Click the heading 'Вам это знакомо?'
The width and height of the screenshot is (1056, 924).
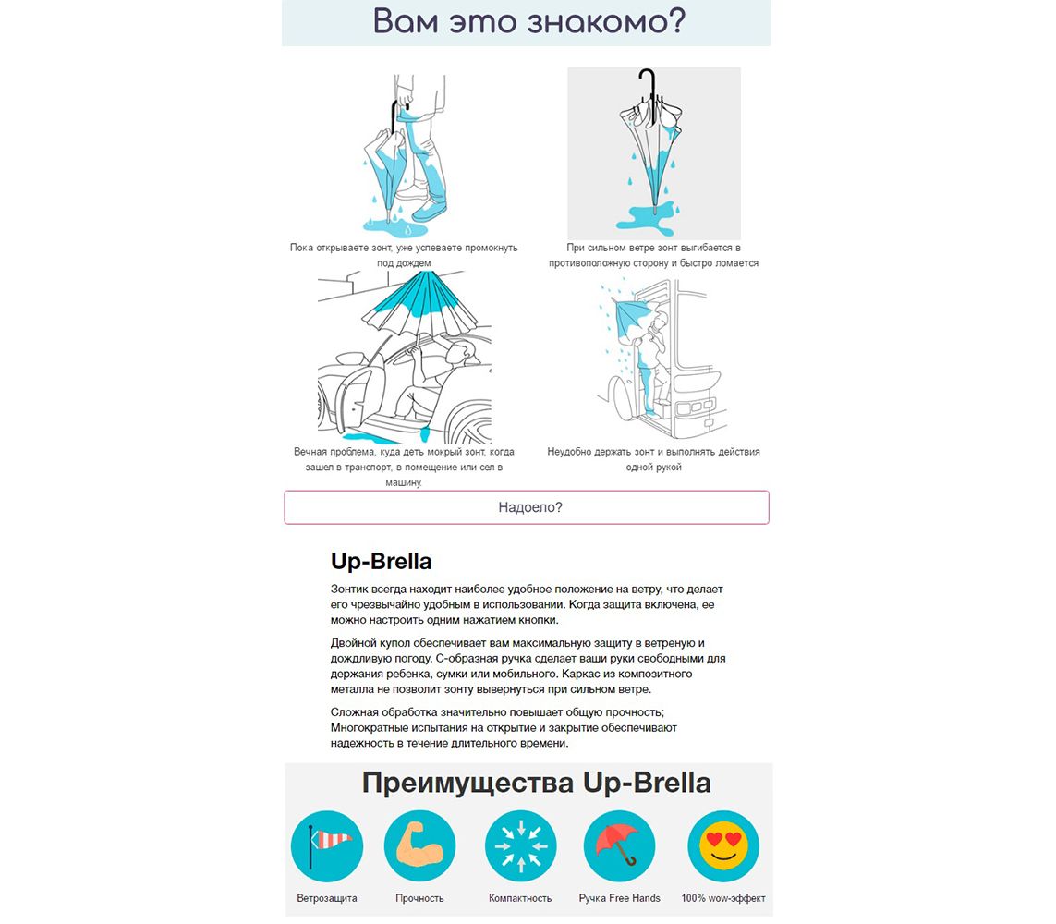(528, 21)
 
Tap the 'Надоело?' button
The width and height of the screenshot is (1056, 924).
(527, 507)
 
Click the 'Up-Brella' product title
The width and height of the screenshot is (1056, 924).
(382, 561)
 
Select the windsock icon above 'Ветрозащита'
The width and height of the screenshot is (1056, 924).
(327, 845)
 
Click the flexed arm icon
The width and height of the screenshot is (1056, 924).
(419, 845)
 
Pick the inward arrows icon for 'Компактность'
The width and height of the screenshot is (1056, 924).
(520, 845)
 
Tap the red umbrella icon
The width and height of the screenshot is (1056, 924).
(619, 845)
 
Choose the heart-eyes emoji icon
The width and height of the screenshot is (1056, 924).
(723, 845)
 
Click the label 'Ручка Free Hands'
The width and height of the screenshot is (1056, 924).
(620, 898)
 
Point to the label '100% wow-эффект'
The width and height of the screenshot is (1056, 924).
(723, 898)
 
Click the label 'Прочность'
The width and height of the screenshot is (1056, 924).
(419, 898)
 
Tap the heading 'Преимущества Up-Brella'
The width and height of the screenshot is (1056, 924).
(536, 783)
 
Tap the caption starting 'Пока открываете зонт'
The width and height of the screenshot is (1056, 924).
(404, 255)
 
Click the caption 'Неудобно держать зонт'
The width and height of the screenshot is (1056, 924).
(653, 459)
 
